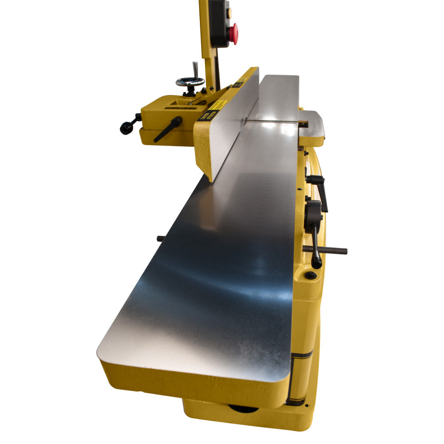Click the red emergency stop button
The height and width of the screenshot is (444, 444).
click(x=233, y=34)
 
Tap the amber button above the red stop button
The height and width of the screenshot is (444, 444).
click(x=229, y=13)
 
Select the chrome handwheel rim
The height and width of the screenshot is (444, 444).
click(x=190, y=82)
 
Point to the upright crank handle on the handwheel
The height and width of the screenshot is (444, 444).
click(x=194, y=70)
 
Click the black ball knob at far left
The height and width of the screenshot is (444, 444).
click(x=125, y=129)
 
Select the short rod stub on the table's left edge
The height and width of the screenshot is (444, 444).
click(x=161, y=239)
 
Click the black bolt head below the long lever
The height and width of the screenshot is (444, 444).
click(x=311, y=275)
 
